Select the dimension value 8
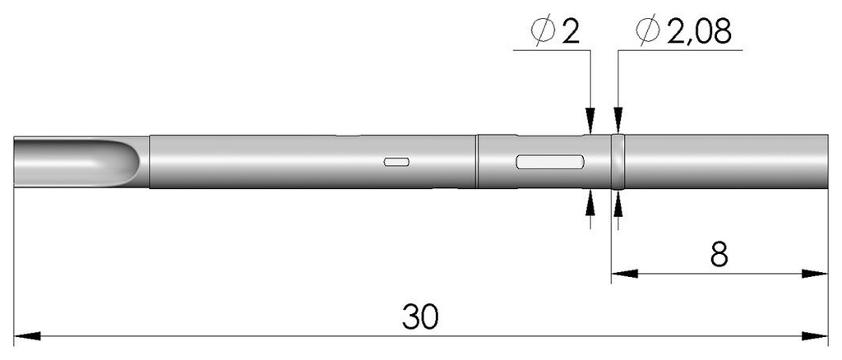click(x=718, y=254)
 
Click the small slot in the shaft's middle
click(x=396, y=162)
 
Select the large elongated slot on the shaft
click(x=549, y=162)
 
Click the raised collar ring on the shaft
click(x=618, y=161)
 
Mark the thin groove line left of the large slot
click(x=477, y=161)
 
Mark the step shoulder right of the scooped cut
click(x=149, y=161)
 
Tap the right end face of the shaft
click(x=826, y=161)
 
